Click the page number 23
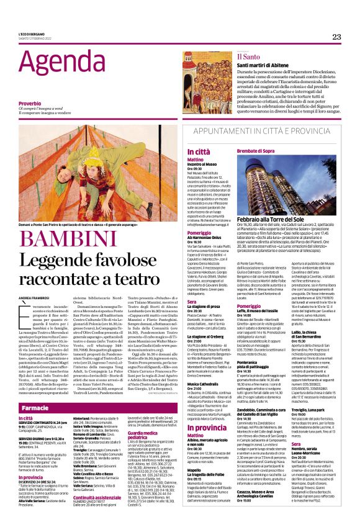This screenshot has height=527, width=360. [x=336, y=37]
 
